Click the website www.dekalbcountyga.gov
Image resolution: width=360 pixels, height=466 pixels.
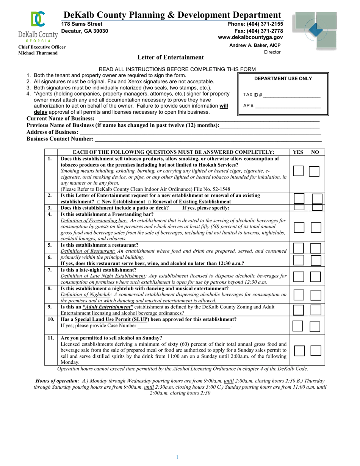click(250, 38)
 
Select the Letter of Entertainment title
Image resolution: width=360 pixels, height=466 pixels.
click(170, 58)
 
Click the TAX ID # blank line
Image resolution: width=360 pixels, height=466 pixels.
click(291, 95)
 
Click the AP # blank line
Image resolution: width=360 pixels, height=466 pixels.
click(288, 106)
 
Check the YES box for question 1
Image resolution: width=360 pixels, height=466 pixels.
click(298, 171)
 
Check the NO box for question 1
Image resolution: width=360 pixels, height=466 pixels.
click(314, 171)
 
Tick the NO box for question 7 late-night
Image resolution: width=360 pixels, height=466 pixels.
click(315, 277)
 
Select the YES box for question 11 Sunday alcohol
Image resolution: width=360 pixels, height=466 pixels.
click(299, 351)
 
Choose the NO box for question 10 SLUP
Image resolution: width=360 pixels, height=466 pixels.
click(315, 326)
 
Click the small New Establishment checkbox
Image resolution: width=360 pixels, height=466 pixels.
click(97, 202)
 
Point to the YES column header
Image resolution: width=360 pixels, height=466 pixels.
click(298, 152)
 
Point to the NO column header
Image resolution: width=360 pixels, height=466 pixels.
click(315, 152)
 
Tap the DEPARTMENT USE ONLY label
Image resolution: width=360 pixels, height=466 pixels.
click(283, 79)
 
